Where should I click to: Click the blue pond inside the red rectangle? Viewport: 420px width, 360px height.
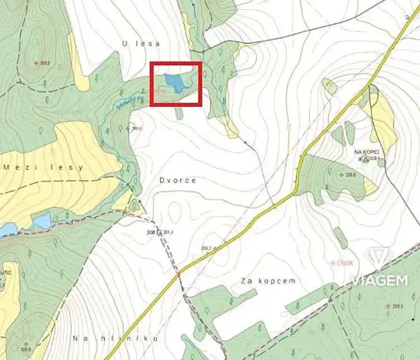point(174,81)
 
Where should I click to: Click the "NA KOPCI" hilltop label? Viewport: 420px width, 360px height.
point(368,152)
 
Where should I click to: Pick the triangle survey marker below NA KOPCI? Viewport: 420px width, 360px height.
point(367,160)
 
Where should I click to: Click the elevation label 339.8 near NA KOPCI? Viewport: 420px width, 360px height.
point(350,175)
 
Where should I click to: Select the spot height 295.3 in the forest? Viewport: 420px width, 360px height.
point(398,306)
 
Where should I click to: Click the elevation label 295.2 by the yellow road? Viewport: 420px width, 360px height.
point(205,248)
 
